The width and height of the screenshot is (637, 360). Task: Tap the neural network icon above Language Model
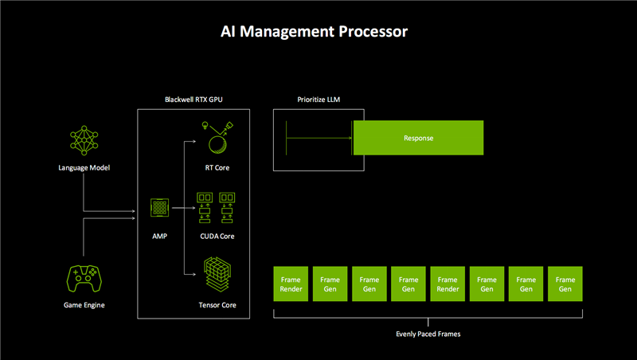pos(84,141)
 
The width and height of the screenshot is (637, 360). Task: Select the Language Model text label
pos(84,167)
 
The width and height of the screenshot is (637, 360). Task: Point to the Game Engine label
pos(84,306)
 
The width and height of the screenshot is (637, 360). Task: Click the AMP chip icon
pos(159,209)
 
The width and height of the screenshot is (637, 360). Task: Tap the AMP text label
pos(159,237)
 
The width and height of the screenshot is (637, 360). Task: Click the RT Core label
pos(217,167)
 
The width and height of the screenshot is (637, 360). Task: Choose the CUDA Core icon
pos(217,208)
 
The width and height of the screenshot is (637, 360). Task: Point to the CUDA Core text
pos(217,237)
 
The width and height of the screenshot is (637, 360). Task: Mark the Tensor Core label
pos(217,306)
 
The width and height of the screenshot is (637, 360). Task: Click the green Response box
pos(418,138)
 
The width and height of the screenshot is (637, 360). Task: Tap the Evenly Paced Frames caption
pos(428,334)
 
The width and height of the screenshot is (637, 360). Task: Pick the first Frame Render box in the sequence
pos(291,284)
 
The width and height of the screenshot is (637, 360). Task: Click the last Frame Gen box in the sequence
pos(565,284)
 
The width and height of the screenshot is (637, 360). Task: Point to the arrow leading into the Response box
pos(318,138)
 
